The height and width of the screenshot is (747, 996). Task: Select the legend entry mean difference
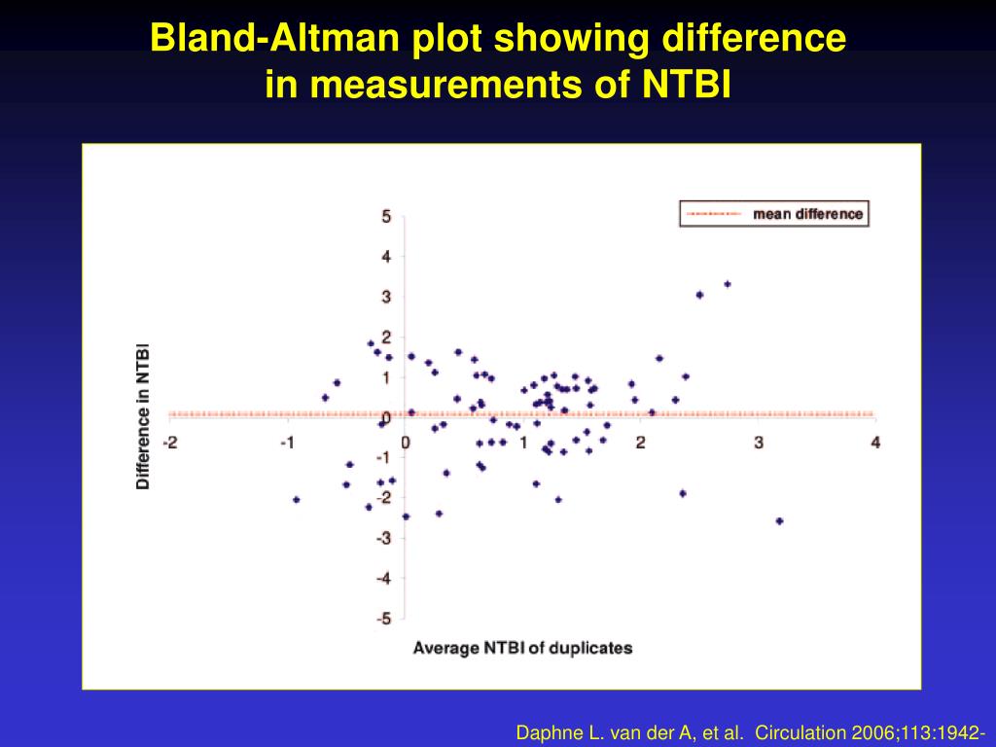tap(807, 214)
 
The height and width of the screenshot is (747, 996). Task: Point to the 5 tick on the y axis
tap(386, 217)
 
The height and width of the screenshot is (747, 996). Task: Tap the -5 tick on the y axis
tap(383, 618)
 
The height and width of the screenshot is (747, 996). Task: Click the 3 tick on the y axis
tap(386, 297)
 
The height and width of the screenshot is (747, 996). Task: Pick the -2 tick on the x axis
tap(170, 443)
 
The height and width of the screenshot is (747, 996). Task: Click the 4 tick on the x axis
tap(875, 443)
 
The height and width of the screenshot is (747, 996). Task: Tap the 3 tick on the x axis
tap(758, 443)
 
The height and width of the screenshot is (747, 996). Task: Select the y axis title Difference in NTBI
tap(143, 415)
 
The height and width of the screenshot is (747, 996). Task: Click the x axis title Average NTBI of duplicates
tap(522, 648)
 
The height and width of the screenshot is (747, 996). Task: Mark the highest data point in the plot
tap(727, 284)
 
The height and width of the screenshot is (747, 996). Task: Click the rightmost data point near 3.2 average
tap(779, 521)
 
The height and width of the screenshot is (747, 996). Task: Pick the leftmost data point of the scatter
tap(296, 500)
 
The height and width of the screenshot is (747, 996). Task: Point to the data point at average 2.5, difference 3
tap(699, 295)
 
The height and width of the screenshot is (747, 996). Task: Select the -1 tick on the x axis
tap(287, 443)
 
